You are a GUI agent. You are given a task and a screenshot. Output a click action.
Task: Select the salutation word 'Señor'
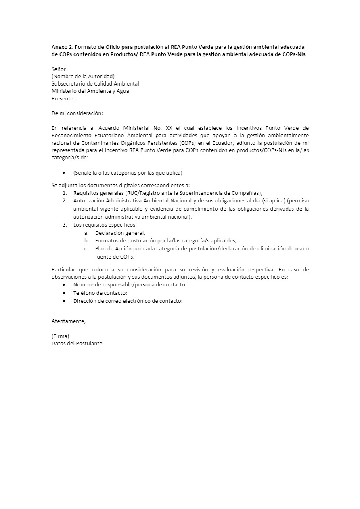pos(59,69)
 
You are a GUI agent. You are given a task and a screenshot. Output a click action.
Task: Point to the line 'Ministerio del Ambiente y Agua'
pos(90,91)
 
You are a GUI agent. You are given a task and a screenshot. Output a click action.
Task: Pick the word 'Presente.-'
pos(64,98)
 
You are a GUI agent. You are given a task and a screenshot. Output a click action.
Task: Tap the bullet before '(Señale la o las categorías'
pos(65,173)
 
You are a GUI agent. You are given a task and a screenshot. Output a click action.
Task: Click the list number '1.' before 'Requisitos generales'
pos(65,193)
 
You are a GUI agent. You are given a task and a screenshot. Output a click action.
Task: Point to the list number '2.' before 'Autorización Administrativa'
pos(65,200)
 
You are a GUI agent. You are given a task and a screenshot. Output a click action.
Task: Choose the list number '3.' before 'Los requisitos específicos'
pos(65,225)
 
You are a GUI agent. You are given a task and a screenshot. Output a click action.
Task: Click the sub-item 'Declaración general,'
pos(120,233)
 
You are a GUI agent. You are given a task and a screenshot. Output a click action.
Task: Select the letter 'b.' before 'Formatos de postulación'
pos(86,241)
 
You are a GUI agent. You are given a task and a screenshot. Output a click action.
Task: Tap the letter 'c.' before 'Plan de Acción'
pos(86,249)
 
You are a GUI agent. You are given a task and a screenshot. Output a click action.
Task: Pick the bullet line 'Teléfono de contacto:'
pos(100,293)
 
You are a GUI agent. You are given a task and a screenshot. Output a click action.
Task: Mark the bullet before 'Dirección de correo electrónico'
pos(65,301)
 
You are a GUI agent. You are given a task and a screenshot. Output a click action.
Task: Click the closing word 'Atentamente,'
pos(69,321)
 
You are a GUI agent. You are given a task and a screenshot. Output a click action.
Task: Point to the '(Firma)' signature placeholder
pos(61,336)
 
